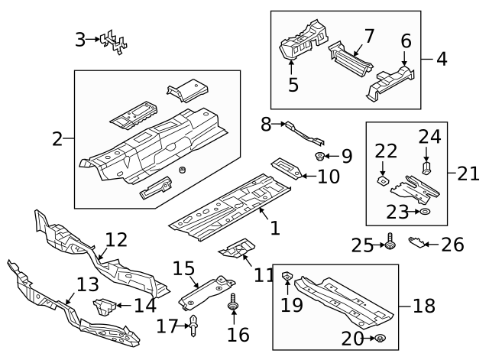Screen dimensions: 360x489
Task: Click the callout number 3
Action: [80, 38]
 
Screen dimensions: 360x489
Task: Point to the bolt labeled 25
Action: [390, 243]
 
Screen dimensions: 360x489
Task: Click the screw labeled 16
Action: [232, 307]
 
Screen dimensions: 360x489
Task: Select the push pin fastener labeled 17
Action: [195, 326]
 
